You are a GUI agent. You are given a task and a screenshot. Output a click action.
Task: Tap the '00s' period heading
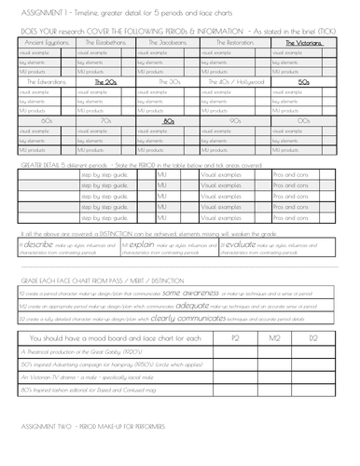click(x=303, y=121)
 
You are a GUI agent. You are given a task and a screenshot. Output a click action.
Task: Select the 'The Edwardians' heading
click(x=43, y=82)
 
